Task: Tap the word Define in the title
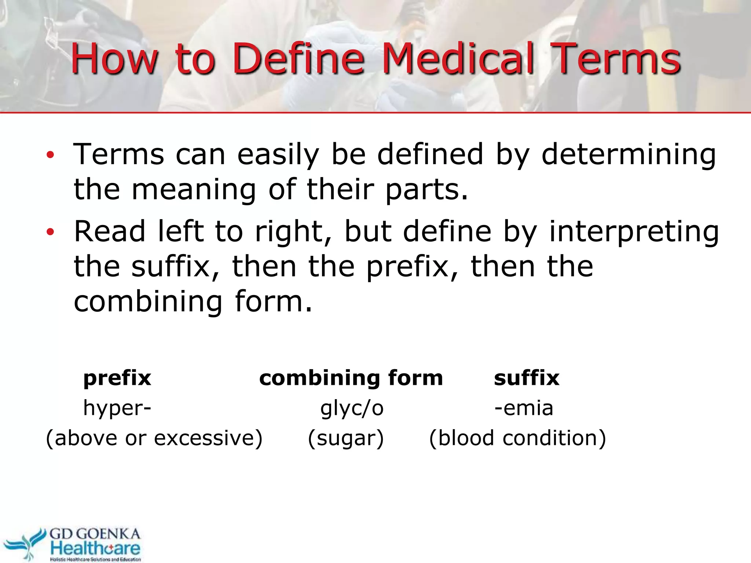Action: point(298,59)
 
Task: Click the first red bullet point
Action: point(50,155)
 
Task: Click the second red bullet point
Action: point(50,232)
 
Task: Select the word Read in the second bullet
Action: point(110,232)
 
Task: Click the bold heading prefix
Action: point(117,378)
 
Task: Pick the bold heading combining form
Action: point(351,378)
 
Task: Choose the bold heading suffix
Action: point(527,378)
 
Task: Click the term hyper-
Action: point(117,408)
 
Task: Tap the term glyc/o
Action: point(352,408)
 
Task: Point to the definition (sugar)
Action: point(345,438)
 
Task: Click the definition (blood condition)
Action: point(517,438)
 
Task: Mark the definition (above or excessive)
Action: point(154,438)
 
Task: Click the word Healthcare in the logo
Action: point(95,548)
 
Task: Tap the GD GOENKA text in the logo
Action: point(95,534)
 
